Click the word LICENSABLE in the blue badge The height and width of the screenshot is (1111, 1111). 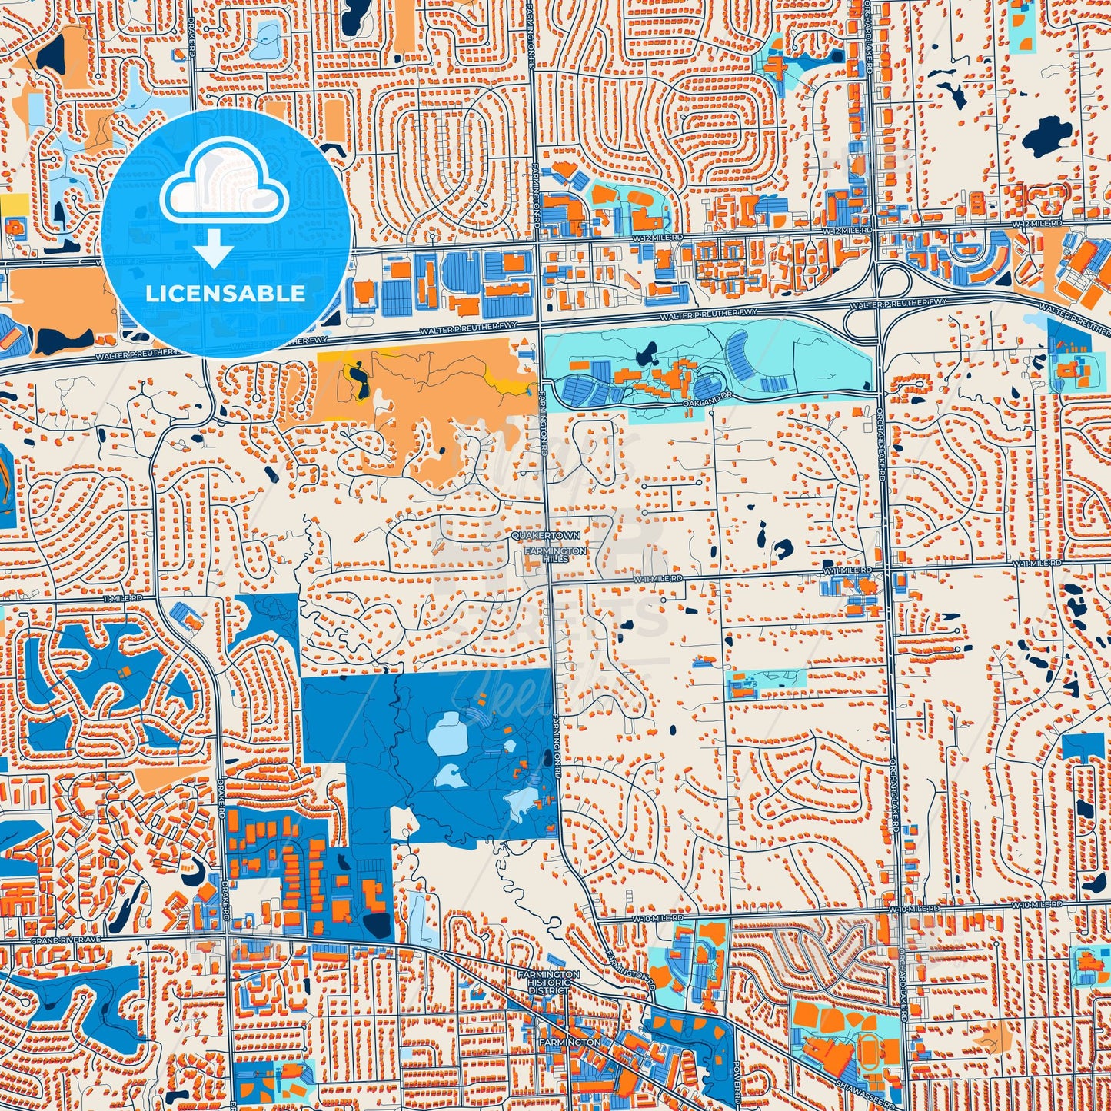(x=225, y=293)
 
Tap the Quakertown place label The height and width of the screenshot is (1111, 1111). (x=547, y=534)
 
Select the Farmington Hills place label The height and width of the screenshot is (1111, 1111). (x=556, y=554)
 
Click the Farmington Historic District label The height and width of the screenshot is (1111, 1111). (x=549, y=982)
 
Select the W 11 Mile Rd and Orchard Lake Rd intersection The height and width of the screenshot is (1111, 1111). (x=886, y=570)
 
